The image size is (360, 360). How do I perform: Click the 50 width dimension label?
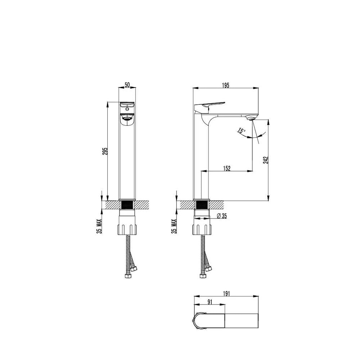(127, 85)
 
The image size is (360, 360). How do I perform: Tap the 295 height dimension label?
(105, 151)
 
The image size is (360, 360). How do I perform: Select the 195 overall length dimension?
(226, 85)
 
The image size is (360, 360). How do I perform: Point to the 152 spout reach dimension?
(227, 168)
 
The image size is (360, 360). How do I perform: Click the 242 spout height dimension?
(266, 160)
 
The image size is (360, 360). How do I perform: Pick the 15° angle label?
(241, 131)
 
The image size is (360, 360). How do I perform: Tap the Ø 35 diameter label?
(222, 216)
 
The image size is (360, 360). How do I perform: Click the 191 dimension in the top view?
(226, 294)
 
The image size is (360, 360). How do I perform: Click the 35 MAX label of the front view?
(99, 226)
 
